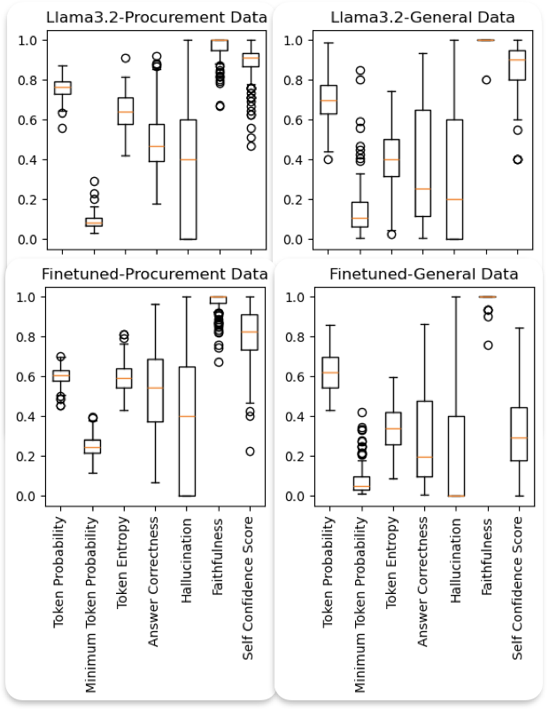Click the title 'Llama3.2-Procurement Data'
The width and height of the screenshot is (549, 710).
pyautogui.click(x=143, y=17)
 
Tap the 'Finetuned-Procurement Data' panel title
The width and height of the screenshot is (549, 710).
pyautogui.click(x=143, y=274)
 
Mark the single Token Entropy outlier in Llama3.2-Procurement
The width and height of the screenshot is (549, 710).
pyautogui.click(x=125, y=58)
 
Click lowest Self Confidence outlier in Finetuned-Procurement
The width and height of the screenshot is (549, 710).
pyautogui.click(x=251, y=451)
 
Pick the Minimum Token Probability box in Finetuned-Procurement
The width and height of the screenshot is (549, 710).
pyautogui.click(x=93, y=446)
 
